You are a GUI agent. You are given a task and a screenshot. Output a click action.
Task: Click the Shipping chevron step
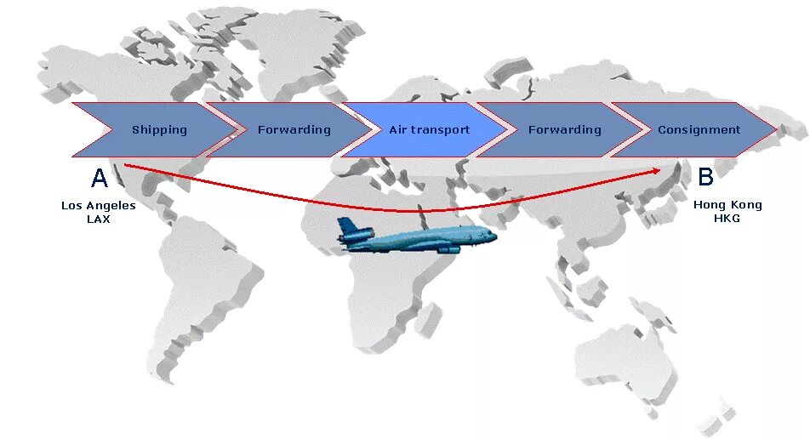pyautogui.click(x=159, y=130)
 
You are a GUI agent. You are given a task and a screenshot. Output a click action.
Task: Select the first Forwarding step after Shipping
pyautogui.click(x=294, y=130)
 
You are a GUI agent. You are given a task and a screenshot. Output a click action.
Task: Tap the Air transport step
pyautogui.click(x=429, y=130)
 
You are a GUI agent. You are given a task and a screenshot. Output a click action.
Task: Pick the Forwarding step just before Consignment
pyautogui.click(x=564, y=130)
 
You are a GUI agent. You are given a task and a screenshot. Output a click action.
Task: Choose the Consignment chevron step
pyautogui.click(x=699, y=130)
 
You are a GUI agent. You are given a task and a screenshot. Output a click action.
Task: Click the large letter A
pyautogui.click(x=100, y=179)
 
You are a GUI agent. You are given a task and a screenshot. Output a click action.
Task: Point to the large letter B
pyautogui.click(x=705, y=177)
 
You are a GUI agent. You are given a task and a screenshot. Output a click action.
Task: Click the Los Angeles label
pyautogui.click(x=99, y=205)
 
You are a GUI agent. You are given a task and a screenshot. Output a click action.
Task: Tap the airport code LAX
pyautogui.click(x=99, y=219)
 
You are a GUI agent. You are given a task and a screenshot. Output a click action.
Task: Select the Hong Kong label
pyautogui.click(x=727, y=205)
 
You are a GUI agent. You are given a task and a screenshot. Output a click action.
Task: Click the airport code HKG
pyautogui.click(x=727, y=219)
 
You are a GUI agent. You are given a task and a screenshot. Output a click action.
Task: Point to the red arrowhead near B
pyautogui.click(x=657, y=170)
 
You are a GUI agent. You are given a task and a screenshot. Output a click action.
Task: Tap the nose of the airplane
pyautogui.click(x=493, y=236)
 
